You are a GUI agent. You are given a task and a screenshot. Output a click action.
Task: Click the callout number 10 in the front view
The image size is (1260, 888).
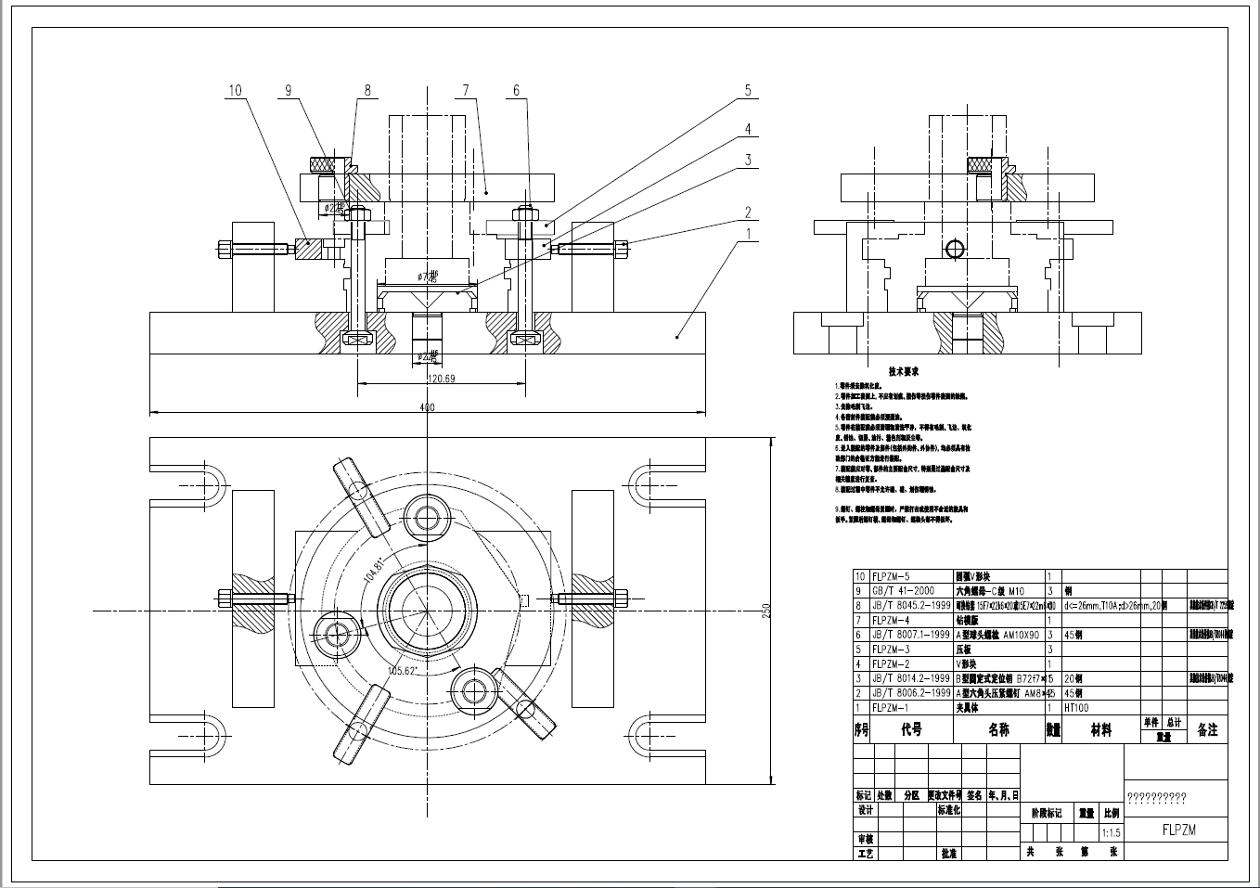[x=235, y=90]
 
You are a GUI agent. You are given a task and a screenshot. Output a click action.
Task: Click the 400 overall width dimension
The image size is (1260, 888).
[x=427, y=407]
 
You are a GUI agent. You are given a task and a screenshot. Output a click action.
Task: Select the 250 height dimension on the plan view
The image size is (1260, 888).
[x=766, y=611]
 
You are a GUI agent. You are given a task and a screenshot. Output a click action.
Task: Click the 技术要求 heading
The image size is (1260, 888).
[x=903, y=371]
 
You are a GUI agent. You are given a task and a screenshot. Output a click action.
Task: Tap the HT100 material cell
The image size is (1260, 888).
[x=1076, y=707]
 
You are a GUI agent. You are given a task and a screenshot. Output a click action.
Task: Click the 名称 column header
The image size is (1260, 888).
[x=998, y=730]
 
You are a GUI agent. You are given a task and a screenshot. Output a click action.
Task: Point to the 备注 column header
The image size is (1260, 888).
[x=1207, y=730]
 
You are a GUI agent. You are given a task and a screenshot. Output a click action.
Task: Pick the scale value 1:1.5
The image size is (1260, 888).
[x=1110, y=832]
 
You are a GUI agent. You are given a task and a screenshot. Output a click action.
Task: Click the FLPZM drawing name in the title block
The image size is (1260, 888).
[x=1178, y=830]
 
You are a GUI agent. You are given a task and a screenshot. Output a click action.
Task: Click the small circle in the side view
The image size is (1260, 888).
[x=954, y=249]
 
